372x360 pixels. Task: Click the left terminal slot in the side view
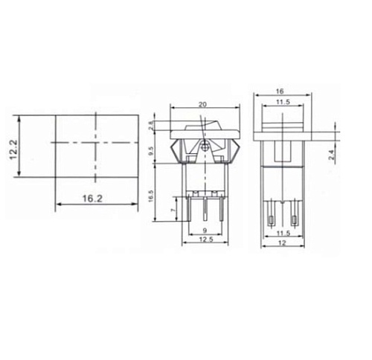coord(271,220)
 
